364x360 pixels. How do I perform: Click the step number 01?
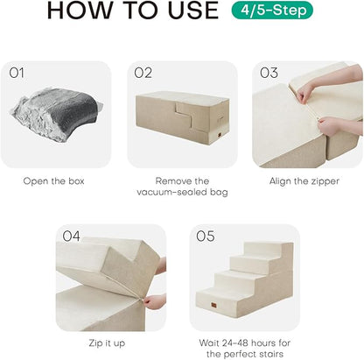[18, 74]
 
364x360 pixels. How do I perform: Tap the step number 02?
[143, 74]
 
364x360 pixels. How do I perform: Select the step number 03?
[268, 74]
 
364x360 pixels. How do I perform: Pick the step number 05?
[206, 236]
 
